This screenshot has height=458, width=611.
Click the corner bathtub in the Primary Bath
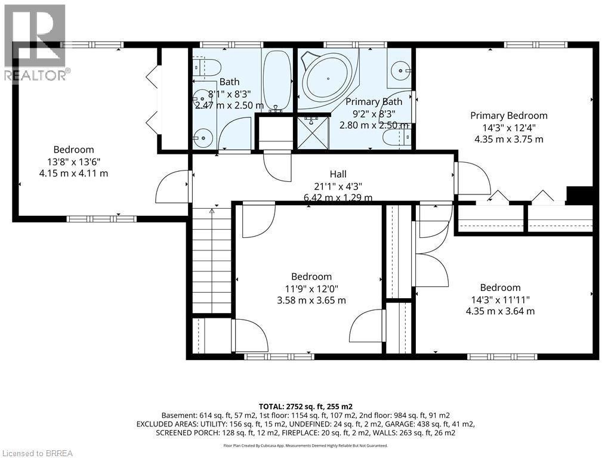point(329,79)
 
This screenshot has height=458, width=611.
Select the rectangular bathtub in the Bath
point(277,81)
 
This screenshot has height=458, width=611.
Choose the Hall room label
point(338,174)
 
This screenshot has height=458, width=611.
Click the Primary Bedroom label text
point(508,116)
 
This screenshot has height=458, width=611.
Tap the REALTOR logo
point(35,43)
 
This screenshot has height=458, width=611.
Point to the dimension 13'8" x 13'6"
point(73,162)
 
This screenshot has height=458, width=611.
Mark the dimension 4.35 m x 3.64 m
point(501,311)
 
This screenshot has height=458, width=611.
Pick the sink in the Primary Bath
point(400,71)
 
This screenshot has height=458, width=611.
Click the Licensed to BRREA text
point(36,453)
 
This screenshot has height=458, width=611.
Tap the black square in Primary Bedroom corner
point(580,195)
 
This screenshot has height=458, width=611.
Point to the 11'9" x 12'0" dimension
point(311,289)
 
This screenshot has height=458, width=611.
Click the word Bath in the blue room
point(230,82)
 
